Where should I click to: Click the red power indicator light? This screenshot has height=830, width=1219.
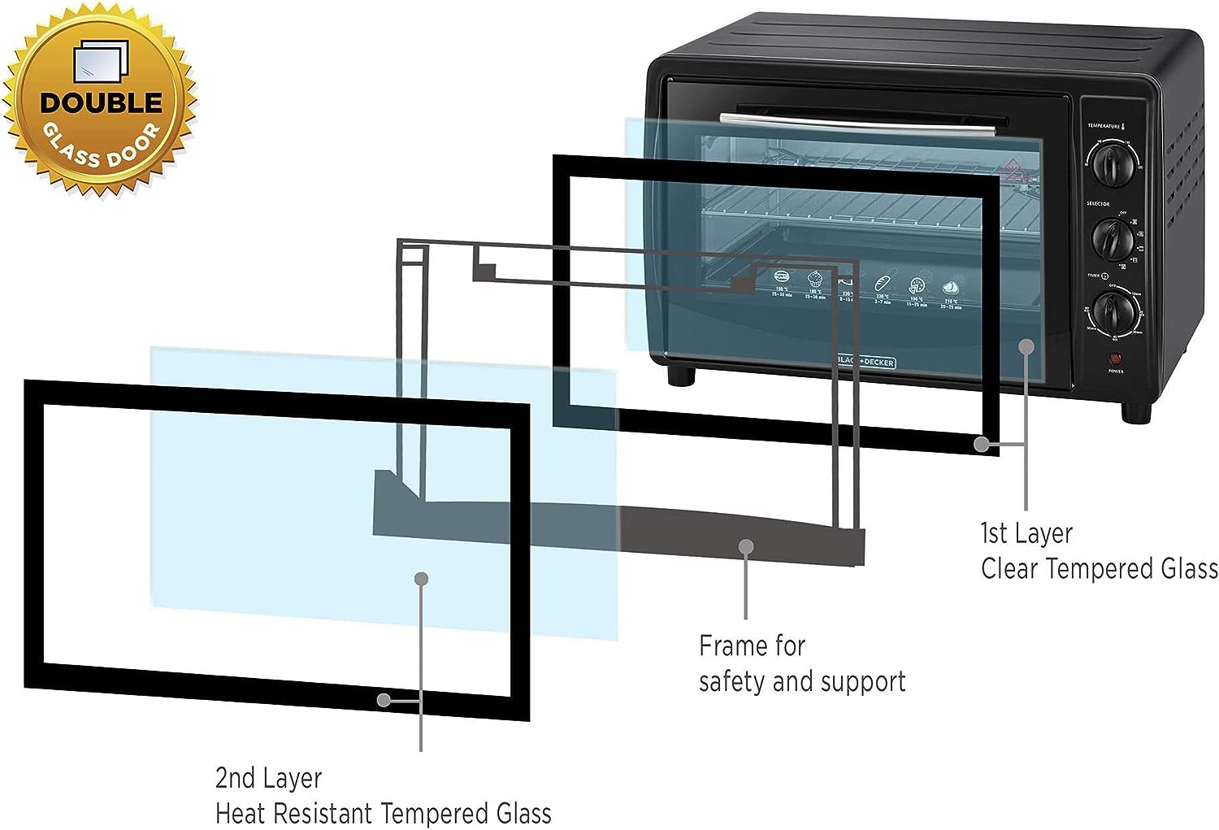click(x=1115, y=359)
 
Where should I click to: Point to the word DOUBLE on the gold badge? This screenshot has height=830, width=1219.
click(x=102, y=103)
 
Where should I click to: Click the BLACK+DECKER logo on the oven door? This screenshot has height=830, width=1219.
click(x=865, y=362)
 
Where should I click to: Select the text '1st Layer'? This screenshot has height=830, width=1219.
click(x=1026, y=533)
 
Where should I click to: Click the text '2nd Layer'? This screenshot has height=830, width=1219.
click(x=268, y=778)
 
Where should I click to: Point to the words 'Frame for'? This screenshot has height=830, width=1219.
click(x=752, y=645)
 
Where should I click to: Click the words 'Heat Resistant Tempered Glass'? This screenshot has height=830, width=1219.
click(x=383, y=813)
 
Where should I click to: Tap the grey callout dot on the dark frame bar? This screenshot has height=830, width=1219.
click(x=746, y=546)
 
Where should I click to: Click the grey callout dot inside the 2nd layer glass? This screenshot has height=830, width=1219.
click(x=421, y=579)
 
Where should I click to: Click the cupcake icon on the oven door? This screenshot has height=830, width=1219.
click(x=814, y=280)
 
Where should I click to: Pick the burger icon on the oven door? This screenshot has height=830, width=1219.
click(x=782, y=276)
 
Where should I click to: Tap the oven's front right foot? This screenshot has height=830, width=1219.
click(x=1136, y=411)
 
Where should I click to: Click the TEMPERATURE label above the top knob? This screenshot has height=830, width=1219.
click(x=1104, y=126)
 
